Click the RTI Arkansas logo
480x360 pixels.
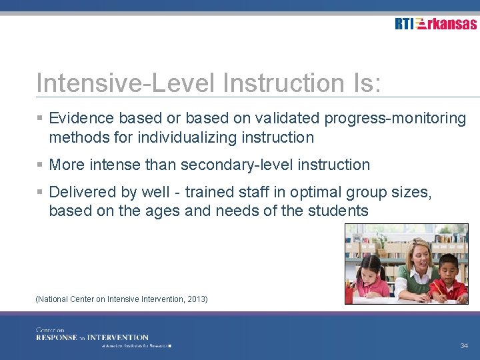tap(435, 24)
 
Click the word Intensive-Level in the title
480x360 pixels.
tap(126, 83)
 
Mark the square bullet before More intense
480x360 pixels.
tap(40, 165)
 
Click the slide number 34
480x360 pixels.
tap(464, 346)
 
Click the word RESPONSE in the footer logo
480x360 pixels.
tap(56, 337)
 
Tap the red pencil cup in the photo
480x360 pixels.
tap(349, 293)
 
